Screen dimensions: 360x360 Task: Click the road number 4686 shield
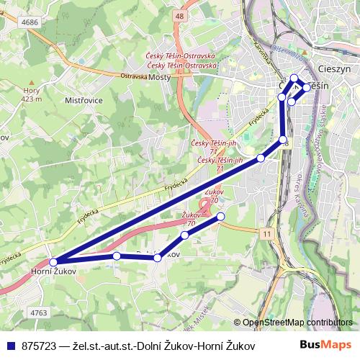pos(30,23)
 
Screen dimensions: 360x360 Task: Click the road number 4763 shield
pos(39,312)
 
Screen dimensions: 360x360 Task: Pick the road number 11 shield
pos(268,234)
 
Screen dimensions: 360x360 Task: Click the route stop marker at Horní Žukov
pos(53,262)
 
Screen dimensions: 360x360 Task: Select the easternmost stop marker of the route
pos(307,87)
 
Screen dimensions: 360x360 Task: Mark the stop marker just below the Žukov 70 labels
pos(221,216)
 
